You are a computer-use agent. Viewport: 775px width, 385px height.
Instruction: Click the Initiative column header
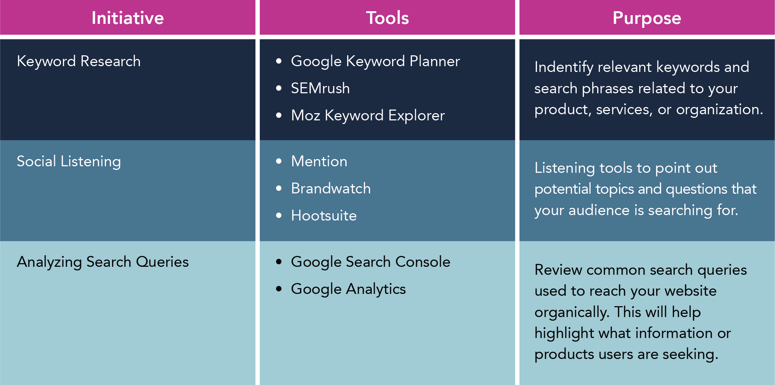click(128, 18)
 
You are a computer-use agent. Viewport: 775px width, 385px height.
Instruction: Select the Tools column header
click(387, 18)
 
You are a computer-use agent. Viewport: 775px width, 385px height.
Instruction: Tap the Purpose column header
click(647, 18)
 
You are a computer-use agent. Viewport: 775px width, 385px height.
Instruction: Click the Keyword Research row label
click(79, 61)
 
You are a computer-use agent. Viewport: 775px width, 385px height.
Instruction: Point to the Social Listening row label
click(69, 161)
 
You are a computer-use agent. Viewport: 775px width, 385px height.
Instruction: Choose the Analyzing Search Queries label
click(103, 262)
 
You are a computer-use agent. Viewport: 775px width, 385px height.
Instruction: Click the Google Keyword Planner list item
click(375, 61)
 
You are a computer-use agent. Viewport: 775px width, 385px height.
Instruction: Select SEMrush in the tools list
click(320, 88)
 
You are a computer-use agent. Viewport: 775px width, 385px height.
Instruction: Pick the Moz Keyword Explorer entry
click(368, 115)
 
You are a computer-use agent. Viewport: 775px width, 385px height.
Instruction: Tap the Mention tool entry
click(319, 161)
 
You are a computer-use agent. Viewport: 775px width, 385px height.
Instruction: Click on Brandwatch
click(331, 188)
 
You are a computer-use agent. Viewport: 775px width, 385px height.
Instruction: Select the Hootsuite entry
click(324, 215)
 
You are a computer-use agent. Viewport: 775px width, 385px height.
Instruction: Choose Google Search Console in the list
click(370, 262)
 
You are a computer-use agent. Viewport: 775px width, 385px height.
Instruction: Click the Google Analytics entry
click(348, 289)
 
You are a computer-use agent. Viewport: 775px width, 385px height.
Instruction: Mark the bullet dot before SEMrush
click(279, 88)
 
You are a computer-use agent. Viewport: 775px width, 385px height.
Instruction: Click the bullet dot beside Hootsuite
click(279, 215)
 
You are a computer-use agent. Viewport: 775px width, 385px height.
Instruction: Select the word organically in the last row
click(572, 312)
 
